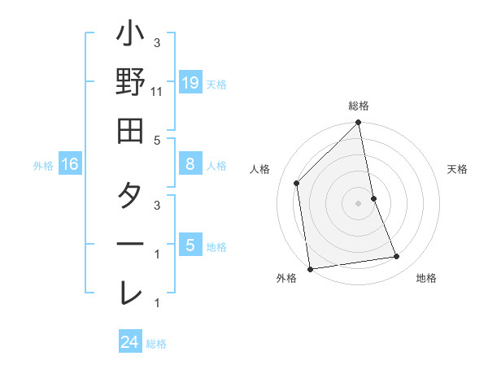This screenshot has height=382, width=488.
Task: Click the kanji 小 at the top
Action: [x=130, y=37]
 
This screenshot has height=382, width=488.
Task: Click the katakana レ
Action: [x=130, y=291]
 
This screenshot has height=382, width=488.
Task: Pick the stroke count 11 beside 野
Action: [x=158, y=92]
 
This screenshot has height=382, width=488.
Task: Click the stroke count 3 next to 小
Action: [x=156, y=42]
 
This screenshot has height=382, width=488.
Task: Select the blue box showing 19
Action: [x=190, y=83]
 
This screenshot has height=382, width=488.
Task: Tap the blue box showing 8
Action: [x=190, y=164]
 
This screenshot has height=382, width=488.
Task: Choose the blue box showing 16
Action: [x=70, y=165]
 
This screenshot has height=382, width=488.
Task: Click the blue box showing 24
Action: [x=129, y=343]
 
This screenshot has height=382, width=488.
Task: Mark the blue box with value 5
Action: [x=190, y=245]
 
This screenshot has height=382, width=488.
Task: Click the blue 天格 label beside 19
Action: [x=216, y=84]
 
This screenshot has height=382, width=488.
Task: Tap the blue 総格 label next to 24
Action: [x=156, y=344]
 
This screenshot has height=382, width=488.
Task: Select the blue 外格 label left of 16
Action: [x=43, y=166]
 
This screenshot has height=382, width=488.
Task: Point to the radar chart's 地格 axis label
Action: [x=426, y=279]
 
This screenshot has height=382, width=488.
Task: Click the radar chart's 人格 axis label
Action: [x=260, y=169]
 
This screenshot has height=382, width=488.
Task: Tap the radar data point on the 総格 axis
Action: [x=359, y=124]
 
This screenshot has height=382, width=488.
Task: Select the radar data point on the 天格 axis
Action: [x=374, y=198]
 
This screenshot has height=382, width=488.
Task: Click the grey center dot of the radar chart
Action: [x=359, y=203]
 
